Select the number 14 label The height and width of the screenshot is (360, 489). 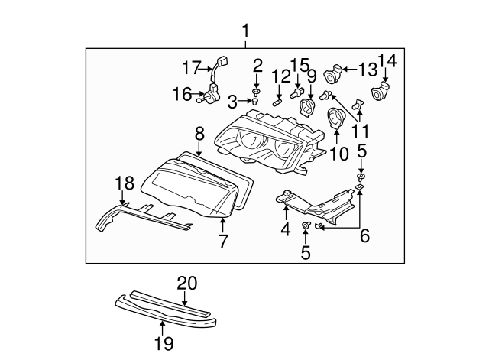(387, 60)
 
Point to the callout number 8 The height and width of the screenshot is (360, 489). (199, 133)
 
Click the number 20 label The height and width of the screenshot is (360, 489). (186, 283)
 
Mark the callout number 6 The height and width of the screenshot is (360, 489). (364, 236)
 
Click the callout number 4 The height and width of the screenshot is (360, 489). (285, 229)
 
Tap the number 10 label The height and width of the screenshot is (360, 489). (338, 153)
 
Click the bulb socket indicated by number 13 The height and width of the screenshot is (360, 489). (332, 75)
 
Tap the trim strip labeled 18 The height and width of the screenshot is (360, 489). (145, 215)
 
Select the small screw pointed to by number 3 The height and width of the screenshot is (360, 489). (256, 99)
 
